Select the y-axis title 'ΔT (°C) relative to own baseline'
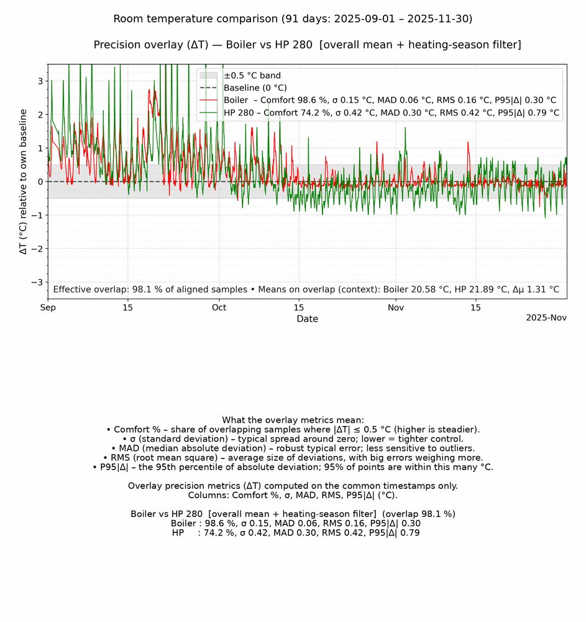[24, 182]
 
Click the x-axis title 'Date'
[307, 319]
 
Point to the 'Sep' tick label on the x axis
[48, 307]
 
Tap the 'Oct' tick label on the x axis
[219, 307]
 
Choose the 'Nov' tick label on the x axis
[396, 307]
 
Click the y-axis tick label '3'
[40, 81]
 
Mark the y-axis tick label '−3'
[37, 282]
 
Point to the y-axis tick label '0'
[40, 182]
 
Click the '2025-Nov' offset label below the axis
[546, 317]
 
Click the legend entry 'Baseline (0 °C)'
[255, 88]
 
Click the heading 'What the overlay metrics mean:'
[293, 420]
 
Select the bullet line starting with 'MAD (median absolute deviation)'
[293, 448]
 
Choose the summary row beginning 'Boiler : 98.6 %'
[295, 523]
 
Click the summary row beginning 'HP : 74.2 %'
[295, 532]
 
